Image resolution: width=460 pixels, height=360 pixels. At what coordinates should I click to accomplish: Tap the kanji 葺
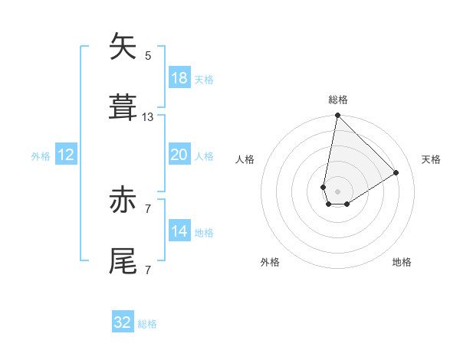pyautogui.click(x=123, y=108)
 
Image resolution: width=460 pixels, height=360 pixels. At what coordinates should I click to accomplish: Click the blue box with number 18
pyautogui.click(x=179, y=78)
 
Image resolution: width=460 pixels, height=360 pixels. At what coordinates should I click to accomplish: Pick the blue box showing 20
pyautogui.click(x=179, y=155)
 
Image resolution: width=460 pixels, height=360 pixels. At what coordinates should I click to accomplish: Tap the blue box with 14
pyautogui.click(x=179, y=231)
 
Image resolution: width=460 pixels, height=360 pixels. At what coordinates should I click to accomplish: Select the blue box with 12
pyautogui.click(x=66, y=155)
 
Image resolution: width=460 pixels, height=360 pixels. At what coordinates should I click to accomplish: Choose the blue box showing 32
pyautogui.click(x=123, y=322)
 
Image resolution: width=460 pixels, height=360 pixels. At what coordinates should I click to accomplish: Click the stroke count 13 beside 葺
pyautogui.click(x=148, y=117)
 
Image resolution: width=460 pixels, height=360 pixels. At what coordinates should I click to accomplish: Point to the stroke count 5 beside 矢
pyautogui.click(x=148, y=56)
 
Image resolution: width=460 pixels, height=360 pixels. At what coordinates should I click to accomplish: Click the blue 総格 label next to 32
pyautogui.click(x=147, y=324)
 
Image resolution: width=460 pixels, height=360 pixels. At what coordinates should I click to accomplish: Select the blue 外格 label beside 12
pyautogui.click(x=41, y=155)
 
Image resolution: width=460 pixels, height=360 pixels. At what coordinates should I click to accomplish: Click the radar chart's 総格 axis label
pyautogui.click(x=338, y=100)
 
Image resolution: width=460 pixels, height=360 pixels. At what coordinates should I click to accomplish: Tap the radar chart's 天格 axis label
pyautogui.click(x=431, y=159)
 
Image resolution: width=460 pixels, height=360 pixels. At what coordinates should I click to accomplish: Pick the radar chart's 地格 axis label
pyautogui.click(x=402, y=262)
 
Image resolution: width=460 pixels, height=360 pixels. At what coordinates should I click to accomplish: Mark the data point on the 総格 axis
pyautogui.click(x=337, y=116)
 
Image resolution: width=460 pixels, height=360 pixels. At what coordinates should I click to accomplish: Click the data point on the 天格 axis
pyautogui.click(x=396, y=173)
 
